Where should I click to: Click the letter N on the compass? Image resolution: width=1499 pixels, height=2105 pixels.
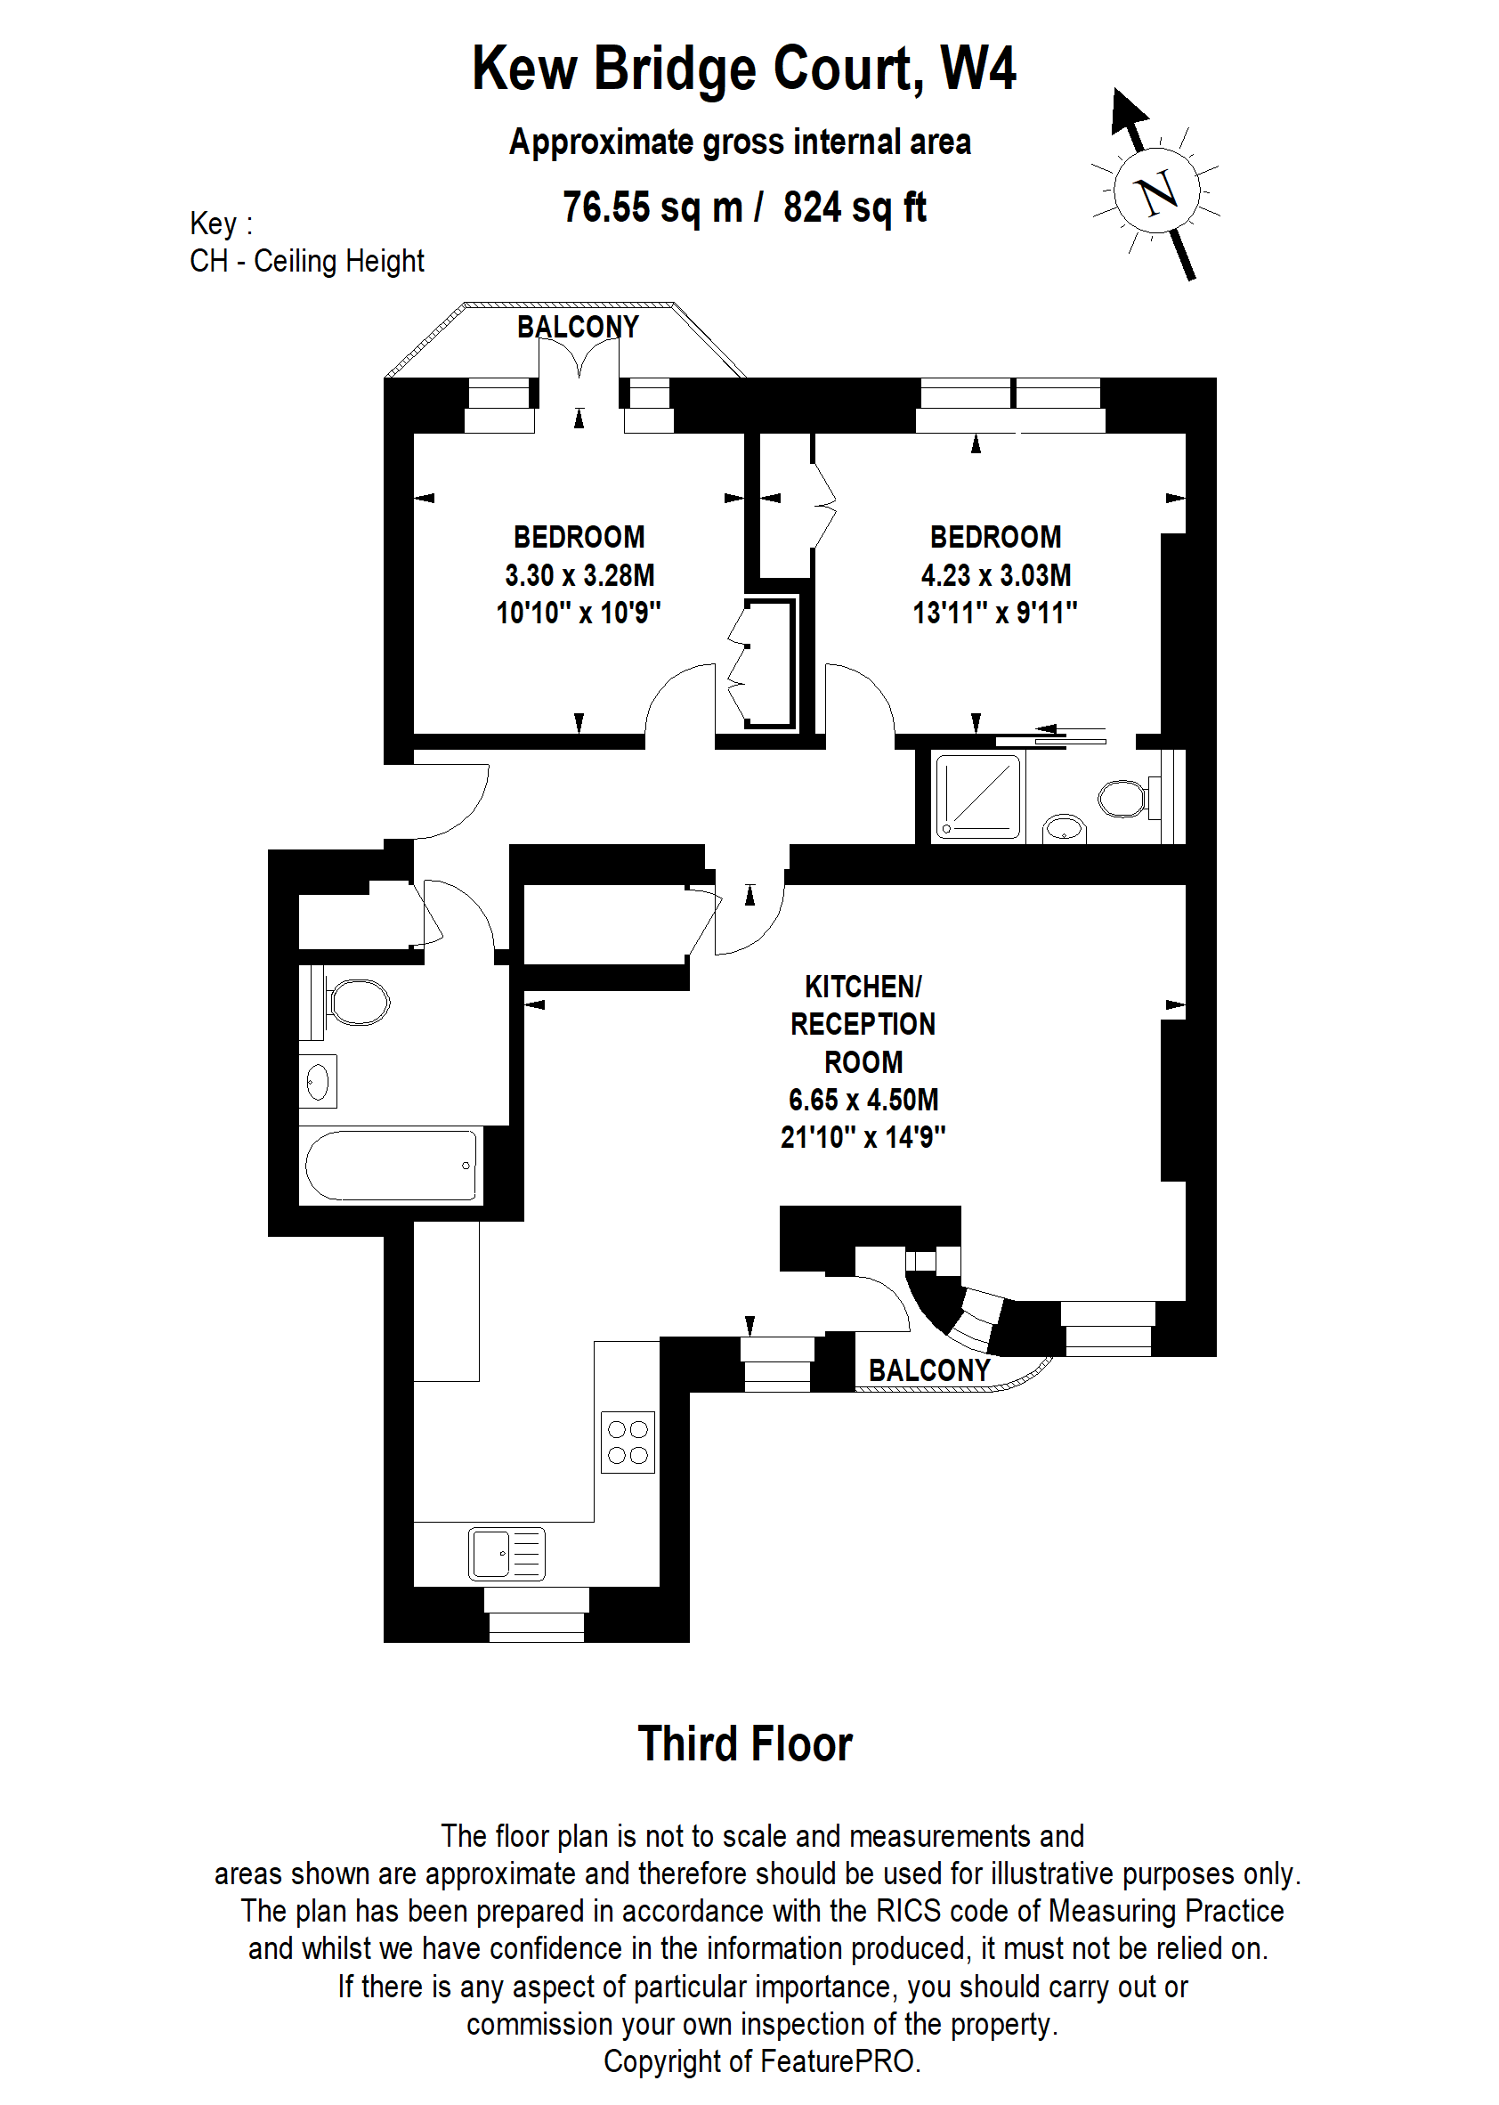1157,193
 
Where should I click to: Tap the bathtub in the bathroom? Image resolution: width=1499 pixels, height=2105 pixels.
390,1165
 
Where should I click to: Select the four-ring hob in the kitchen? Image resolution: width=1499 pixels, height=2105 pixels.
628,1442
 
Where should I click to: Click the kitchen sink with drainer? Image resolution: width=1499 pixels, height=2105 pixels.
506,1553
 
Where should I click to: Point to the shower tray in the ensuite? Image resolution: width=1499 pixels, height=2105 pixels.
978,796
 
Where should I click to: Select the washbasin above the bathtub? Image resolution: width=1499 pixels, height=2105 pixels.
318,1081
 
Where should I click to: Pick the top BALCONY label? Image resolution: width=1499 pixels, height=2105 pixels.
578,327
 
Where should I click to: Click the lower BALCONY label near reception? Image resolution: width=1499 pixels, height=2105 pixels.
928,1371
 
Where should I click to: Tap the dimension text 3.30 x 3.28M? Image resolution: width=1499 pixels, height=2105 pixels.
579,575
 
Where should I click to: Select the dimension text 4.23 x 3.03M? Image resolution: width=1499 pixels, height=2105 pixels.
996,575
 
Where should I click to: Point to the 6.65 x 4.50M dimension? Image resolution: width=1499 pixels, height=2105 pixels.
863,1100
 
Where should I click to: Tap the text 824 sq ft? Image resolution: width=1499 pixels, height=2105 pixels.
855,207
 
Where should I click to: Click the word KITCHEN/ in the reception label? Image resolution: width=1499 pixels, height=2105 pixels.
863,986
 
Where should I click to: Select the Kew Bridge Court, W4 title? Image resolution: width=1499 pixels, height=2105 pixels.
744,69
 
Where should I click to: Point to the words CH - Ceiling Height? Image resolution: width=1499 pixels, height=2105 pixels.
306,261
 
